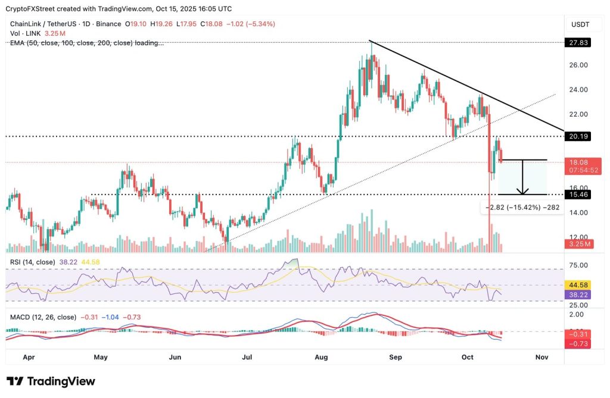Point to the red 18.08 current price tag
coord(578,162)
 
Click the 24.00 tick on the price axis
coord(578,90)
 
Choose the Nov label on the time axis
coord(541,357)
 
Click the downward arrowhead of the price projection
coord(522,192)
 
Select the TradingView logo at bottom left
coord(51,381)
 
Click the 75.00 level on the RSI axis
coord(578,265)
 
